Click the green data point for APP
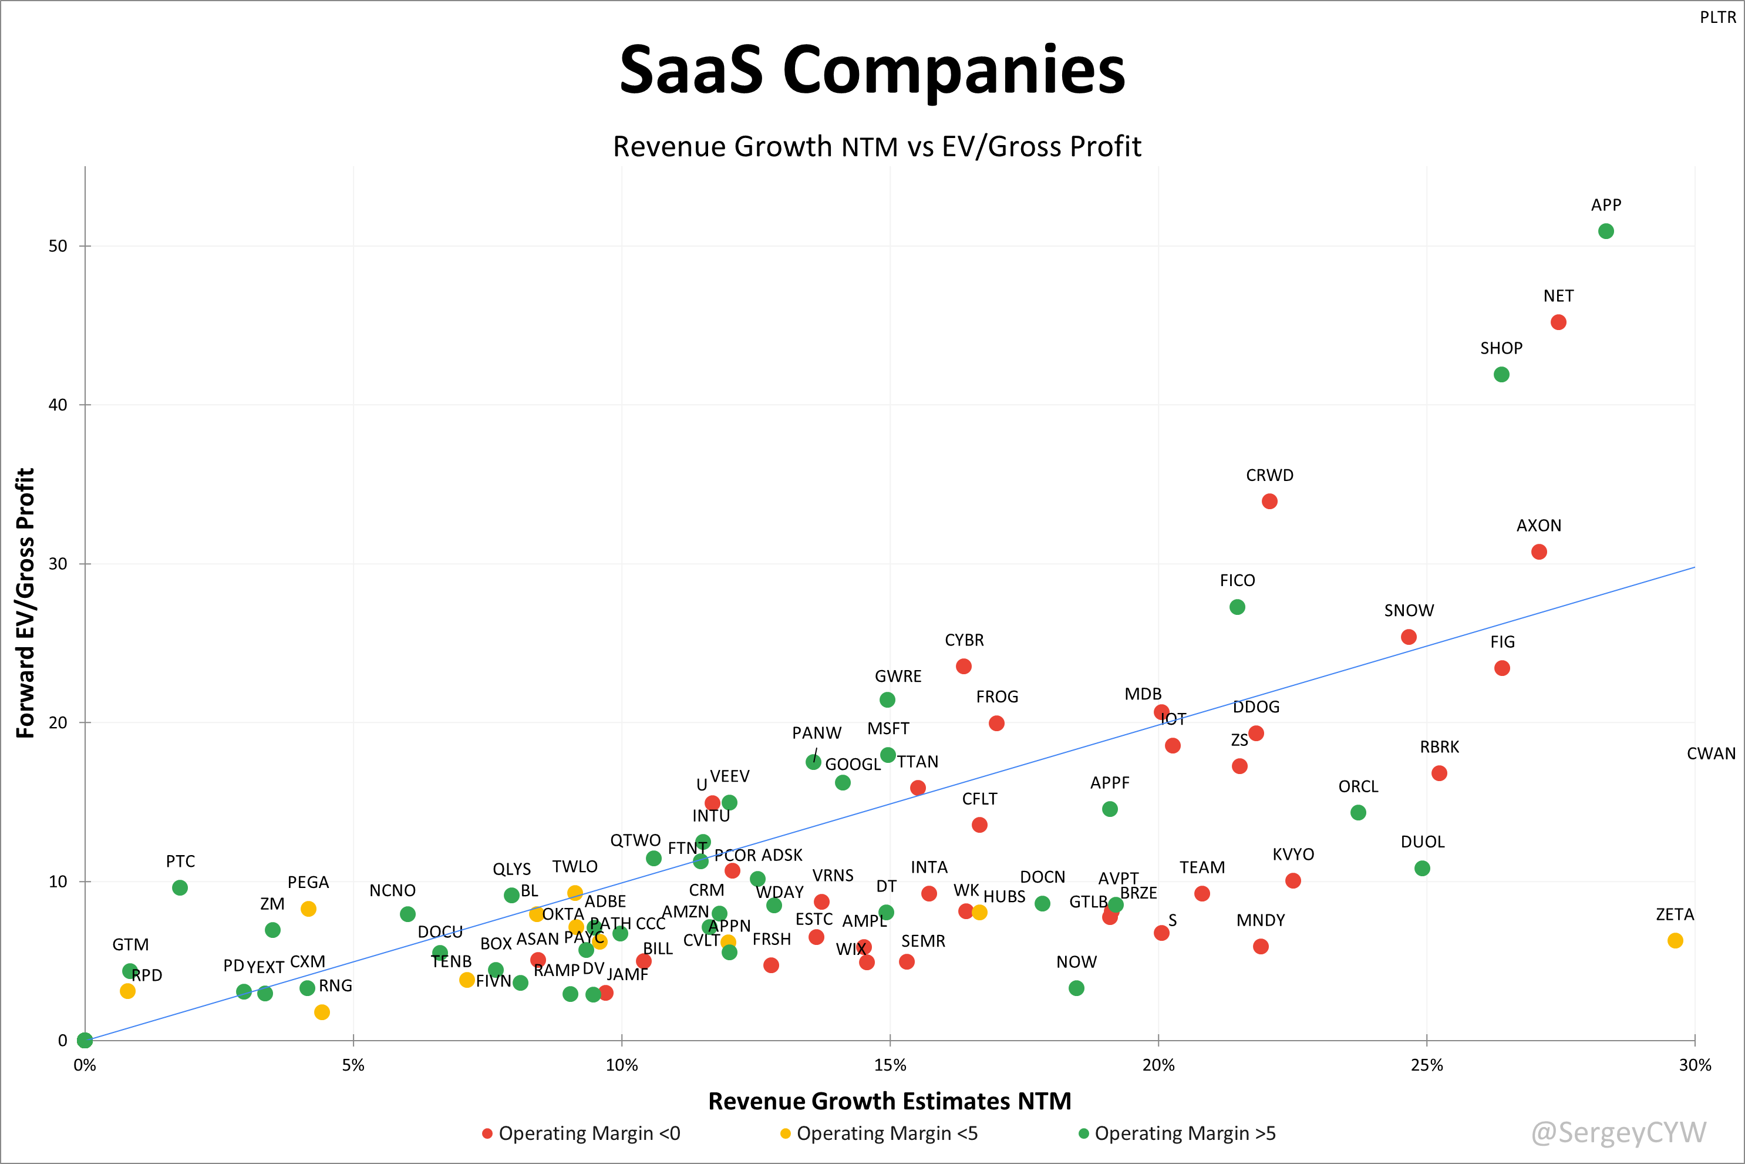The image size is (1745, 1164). (1605, 231)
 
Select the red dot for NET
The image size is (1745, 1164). (1558, 322)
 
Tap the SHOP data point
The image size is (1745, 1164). (1501, 374)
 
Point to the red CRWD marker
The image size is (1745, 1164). (1269, 502)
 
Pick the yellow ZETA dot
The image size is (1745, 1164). (1675, 941)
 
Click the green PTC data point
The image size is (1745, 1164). (180, 888)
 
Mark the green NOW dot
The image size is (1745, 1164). (1076, 988)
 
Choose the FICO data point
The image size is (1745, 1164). (1237, 607)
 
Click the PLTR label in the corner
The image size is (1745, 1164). (1717, 17)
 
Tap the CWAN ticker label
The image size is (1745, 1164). (1711, 753)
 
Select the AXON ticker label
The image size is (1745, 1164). (1539, 526)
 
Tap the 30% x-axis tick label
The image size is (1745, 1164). (1695, 1065)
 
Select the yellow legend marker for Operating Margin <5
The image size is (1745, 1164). (785, 1133)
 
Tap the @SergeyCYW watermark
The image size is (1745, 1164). (1618, 1132)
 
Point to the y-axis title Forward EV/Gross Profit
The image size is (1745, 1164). (25, 603)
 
